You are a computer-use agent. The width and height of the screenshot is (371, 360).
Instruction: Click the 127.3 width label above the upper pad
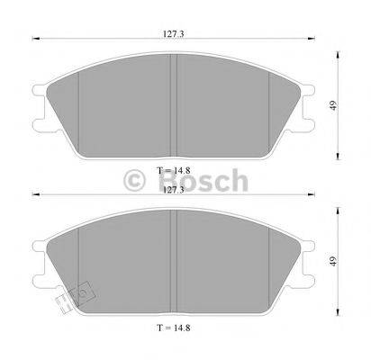[163, 33]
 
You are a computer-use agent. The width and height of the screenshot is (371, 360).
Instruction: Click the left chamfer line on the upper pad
[79, 108]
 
